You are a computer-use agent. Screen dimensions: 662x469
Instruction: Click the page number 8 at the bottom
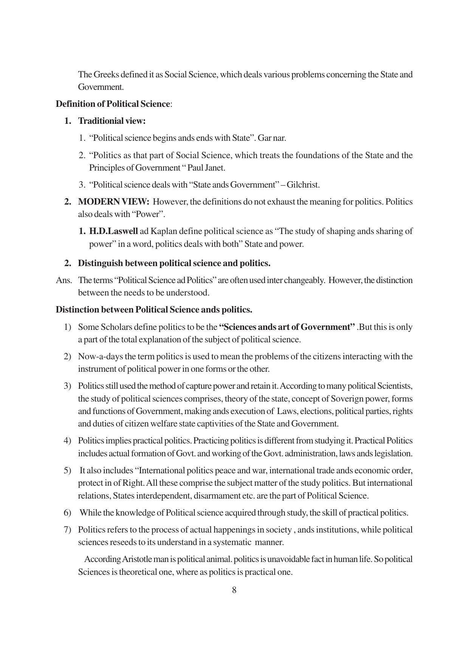(x=234, y=590)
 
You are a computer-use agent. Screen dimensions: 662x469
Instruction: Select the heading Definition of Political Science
(x=113, y=104)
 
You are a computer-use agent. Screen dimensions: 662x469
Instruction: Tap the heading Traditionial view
(x=111, y=121)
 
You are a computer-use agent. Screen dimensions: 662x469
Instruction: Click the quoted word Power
(x=148, y=214)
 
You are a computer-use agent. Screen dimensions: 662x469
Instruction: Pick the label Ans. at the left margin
(x=63, y=280)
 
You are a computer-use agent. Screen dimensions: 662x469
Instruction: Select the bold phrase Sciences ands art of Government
(x=287, y=327)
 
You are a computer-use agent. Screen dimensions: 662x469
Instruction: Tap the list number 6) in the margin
(x=67, y=513)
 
